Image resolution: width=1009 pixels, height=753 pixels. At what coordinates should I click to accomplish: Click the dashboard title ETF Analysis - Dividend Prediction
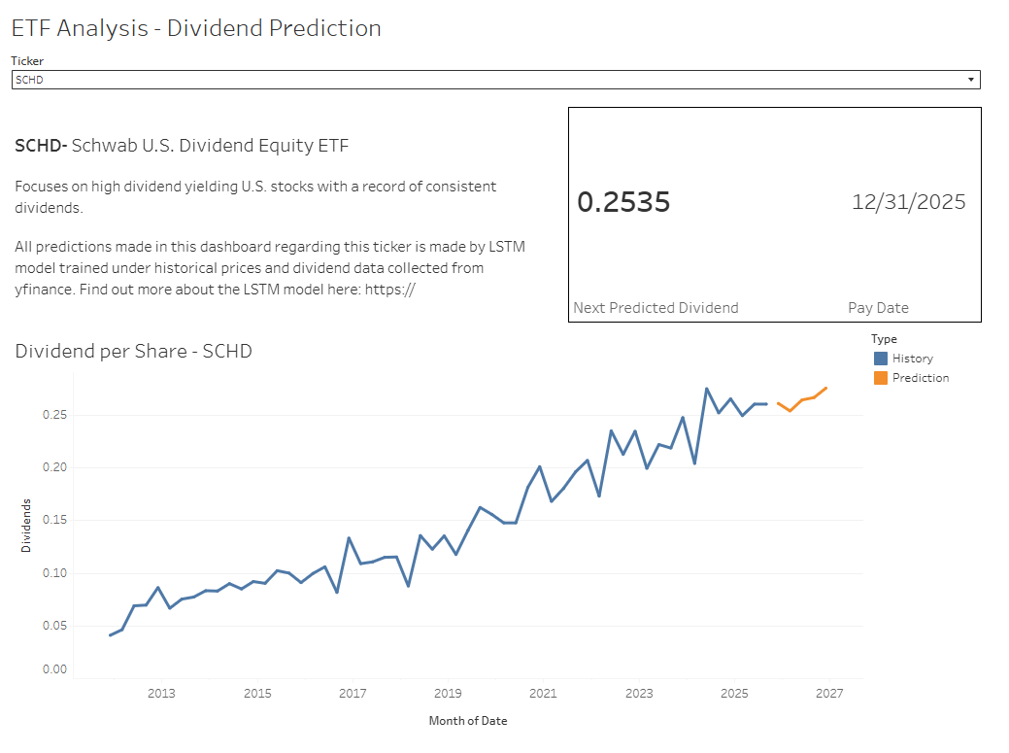coord(196,28)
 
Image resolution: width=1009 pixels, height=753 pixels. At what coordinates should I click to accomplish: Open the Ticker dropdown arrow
coord(970,80)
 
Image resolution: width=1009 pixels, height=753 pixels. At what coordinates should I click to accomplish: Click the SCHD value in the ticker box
coord(30,80)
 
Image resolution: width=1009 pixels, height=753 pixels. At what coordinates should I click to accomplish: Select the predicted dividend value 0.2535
coord(623,202)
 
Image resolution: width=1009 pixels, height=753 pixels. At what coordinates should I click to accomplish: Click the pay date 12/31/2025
coord(908,202)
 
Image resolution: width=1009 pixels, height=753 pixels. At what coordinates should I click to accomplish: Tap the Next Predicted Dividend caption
coord(656,308)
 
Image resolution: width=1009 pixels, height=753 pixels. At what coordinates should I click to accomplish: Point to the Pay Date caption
coord(878,308)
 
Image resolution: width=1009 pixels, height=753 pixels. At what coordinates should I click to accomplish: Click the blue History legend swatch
coord(880,359)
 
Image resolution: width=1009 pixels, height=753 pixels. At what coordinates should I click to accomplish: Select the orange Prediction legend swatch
coord(880,378)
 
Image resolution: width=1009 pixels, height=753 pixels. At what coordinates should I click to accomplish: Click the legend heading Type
coord(883,339)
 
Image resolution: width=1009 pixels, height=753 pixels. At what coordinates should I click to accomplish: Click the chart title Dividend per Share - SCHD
coord(133,351)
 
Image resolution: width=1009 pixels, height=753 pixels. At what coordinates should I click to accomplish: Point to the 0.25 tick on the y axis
coord(53,415)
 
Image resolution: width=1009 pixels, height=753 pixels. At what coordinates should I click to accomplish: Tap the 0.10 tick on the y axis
coord(53,573)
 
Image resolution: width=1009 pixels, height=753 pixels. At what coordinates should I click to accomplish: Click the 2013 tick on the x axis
coord(161,694)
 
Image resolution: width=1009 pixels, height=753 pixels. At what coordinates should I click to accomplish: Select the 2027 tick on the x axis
coord(829,694)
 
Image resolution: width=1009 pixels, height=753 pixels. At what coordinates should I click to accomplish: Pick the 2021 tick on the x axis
coord(543,694)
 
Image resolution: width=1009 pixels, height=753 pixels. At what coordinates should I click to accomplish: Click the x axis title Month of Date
coord(467,721)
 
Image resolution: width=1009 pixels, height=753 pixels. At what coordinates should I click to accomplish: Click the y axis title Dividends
coord(26,526)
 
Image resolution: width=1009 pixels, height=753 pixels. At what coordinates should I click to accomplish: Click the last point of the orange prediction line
coord(826,388)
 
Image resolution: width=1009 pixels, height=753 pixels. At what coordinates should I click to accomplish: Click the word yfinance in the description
coord(44,289)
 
